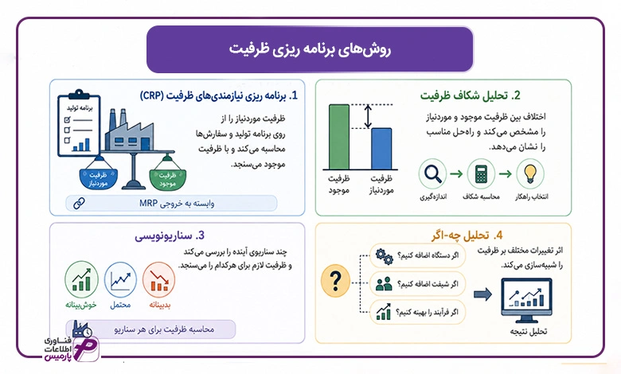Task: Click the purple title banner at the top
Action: (x=310, y=49)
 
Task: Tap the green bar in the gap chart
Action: (x=339, y=137)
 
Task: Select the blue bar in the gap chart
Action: (x=381, y=149)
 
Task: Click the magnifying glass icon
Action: (x=432, y=173)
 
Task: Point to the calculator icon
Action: (x=481, y=173)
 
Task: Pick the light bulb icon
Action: (x=530, y=173)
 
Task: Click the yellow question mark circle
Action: (x=335, y=281)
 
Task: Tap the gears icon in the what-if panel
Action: (x=384, y=256)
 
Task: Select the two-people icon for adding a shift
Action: (x=384, y=284)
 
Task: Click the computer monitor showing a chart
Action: (x=526, y=300)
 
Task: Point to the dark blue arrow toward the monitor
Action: (x=482, y=294)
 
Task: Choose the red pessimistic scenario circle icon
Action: (x=158, y=279)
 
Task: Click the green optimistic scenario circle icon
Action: (x=81, y=279)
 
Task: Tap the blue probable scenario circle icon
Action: (x=120, y=279)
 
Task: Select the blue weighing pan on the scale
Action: (x=98, y=178)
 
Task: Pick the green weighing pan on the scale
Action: (x=167, y=179)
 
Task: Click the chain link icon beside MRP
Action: (x=79, y=204)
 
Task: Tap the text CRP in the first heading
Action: (x=151, y=95)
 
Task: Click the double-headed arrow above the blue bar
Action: (x=369, y=116)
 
